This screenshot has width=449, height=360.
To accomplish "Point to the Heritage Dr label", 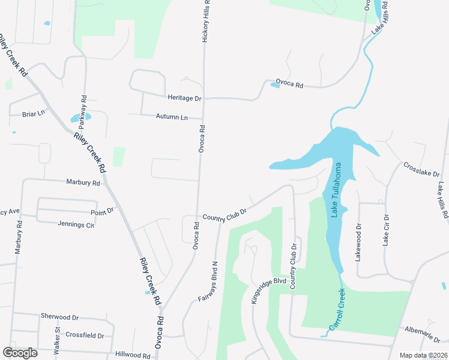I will [184, 98].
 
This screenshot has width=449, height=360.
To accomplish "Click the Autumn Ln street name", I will [172, 117].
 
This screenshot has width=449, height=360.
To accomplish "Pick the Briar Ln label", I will [34, 113].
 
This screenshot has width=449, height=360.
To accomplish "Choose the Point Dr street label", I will [102, 211].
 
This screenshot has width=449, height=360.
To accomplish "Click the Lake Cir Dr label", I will [386, 230].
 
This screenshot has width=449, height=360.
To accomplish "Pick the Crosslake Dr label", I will [422, 170].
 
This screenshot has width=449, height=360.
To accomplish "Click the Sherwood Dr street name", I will [60, 316].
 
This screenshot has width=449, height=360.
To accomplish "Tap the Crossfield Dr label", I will [85, 335].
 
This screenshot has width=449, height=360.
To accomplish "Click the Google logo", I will [20, 353].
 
